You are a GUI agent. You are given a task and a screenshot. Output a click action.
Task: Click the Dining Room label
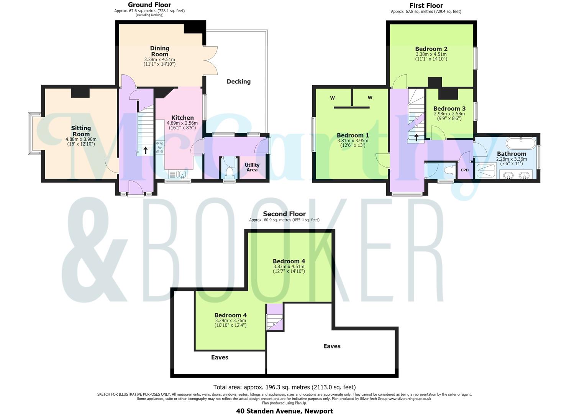point(159,51)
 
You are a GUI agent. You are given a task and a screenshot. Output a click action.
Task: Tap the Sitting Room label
point(81,131)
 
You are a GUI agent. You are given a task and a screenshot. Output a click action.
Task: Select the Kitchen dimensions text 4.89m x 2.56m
point(182,123)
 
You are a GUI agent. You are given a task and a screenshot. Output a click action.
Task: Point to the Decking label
point(239,82)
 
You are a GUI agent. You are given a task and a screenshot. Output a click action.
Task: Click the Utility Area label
point(252,167)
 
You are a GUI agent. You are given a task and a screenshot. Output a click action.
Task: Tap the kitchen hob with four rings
point(160,148)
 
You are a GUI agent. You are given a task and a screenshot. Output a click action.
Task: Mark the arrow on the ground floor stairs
point(146,150)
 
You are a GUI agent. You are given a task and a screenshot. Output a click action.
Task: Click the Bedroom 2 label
point(431,49)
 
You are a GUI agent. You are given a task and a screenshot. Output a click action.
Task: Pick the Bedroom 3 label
point(449,108)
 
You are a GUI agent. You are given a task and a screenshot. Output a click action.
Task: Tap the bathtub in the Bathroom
point(521,143)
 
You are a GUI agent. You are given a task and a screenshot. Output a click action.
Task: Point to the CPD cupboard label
point(465,170)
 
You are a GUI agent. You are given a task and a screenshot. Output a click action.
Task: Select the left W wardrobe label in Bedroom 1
point(332,98)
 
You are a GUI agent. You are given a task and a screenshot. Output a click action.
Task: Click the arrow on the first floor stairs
point(417,138)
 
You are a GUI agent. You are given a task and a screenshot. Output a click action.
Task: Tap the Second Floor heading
point(284,214)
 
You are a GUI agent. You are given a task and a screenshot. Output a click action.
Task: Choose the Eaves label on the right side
point(332,346)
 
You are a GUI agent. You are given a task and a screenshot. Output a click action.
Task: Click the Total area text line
point(284,387)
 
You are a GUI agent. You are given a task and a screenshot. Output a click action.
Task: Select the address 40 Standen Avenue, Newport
point(284,411)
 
